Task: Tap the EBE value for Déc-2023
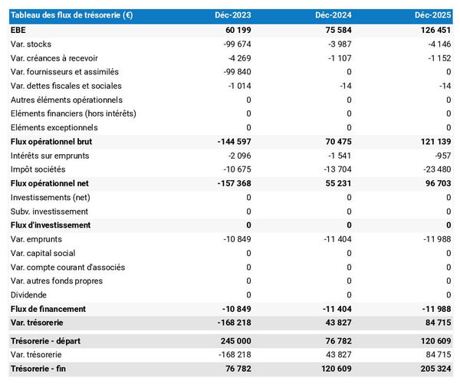pyautogui.click(x=234, y=30)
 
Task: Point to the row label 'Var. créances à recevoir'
pyautogui.click(x=54, y=58)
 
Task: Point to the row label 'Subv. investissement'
pyautogui.click(x=49, y=212)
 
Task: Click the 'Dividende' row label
pyautogui.click(x=29, y=295)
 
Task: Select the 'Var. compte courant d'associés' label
pyautogui.click(x=68, y=267)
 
